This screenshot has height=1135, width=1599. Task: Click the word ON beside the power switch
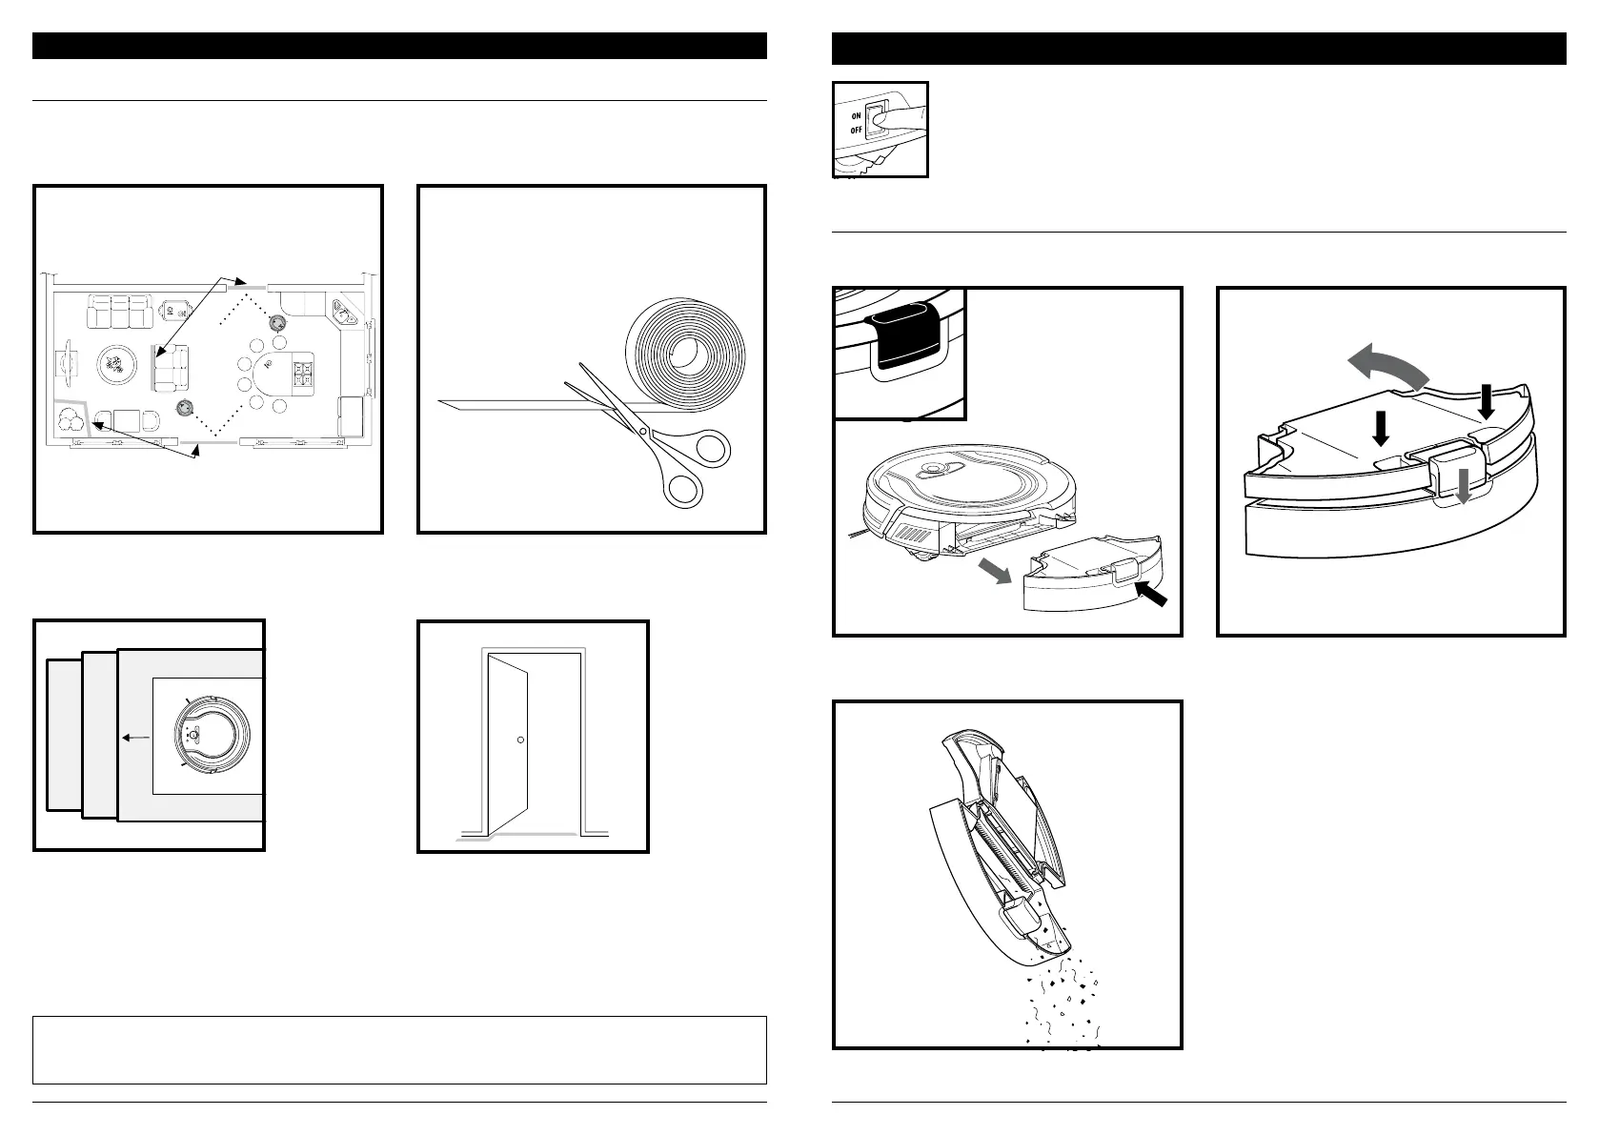(857, 116)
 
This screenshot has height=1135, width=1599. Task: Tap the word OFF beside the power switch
(857, 130)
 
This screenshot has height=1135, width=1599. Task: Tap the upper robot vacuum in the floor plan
(278, 323)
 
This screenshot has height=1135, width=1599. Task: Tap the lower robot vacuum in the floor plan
(183, 408)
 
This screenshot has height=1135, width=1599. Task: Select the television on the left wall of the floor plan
(63, 364)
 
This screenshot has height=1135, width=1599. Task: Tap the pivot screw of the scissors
(644, 432)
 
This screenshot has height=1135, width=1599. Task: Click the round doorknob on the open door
(520, 740)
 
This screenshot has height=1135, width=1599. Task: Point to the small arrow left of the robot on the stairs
(135, 737)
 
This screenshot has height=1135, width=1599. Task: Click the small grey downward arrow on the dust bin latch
(1463, 490)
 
